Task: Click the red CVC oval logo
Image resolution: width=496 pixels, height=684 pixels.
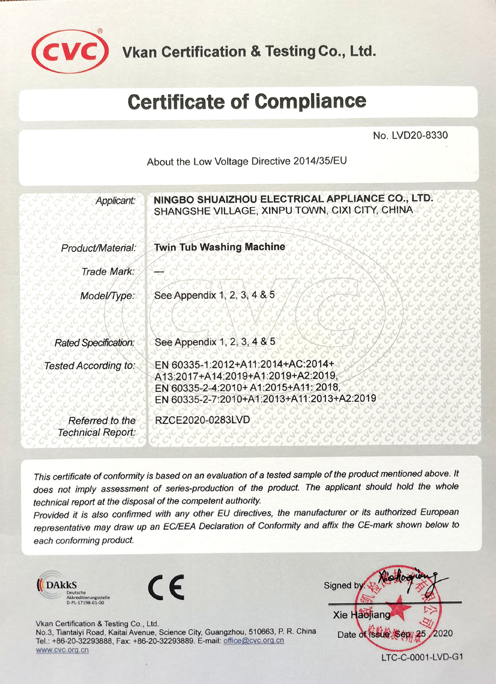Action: click(x=70, y=52)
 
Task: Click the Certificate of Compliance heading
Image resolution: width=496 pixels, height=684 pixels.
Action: click(x=247, y=102)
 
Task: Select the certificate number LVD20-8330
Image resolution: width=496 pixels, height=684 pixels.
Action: click(x=420, y=135)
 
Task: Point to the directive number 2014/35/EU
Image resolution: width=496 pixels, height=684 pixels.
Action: click(x=320, y=161)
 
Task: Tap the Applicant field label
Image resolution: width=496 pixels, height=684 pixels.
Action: click(x=115, y=201)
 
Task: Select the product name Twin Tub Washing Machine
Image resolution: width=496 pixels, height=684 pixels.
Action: click(x=220, y=247)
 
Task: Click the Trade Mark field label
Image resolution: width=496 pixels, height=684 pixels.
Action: click(x=108, y=272)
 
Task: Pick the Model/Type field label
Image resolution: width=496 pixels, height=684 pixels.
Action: click(x=107, y=296)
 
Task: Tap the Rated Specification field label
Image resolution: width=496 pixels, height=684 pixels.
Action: click(x=94, y=342)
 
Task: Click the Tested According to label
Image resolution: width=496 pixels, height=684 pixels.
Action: click(x=89, y=366)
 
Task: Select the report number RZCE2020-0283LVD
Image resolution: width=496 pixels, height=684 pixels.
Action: click(x=202, y=420)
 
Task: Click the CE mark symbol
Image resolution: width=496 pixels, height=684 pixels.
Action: click(x=166, y=587)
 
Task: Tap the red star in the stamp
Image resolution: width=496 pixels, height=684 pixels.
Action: click(x=397, y=608)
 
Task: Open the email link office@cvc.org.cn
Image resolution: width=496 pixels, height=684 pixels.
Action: click(x=253, y=640)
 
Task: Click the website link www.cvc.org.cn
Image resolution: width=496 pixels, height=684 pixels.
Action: click(x=62, y=650)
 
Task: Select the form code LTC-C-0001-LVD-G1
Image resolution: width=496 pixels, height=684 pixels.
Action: click(x=422, y=657)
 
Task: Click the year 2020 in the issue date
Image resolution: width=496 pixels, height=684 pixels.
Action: click(x=442, y=633)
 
